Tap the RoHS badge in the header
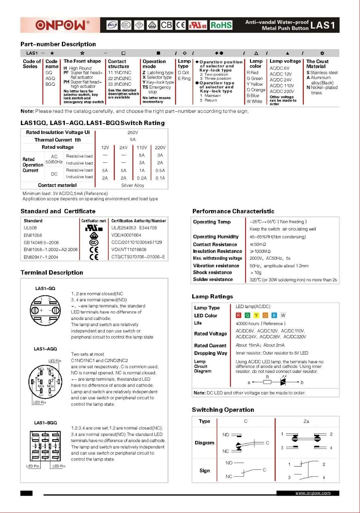pyautogui.click(x=221, y=25)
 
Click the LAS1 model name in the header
pyautogui.click(x=323, y=25)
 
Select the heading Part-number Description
pyautogui.click(x=58, y=44)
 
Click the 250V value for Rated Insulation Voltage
pyautogui.click(x=132, y=132)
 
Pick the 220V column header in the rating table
pyautogui.click(x=160, y=147)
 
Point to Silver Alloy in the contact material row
pyautogui.click(x=132, y=185)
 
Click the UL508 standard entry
pyautogui.click(x=30, y=228)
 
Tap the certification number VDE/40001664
pyautogui.click(x=126, y=235)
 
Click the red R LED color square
pyautogui.click(x=238, y=315)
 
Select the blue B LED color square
pyautogui.click(x=274, y=315)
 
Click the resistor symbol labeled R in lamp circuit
pyautogui.click(x=267, y=382)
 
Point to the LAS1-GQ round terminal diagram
pyautogui.click(x=45, y=311)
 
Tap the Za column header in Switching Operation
pyautogui.click(x=306, y=421)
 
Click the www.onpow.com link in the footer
pyautogui.click(x=312, y=493)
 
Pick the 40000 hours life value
pyautogui.click(x=261, y=324)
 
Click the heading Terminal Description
pyautogui.click(x=52, y=272)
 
